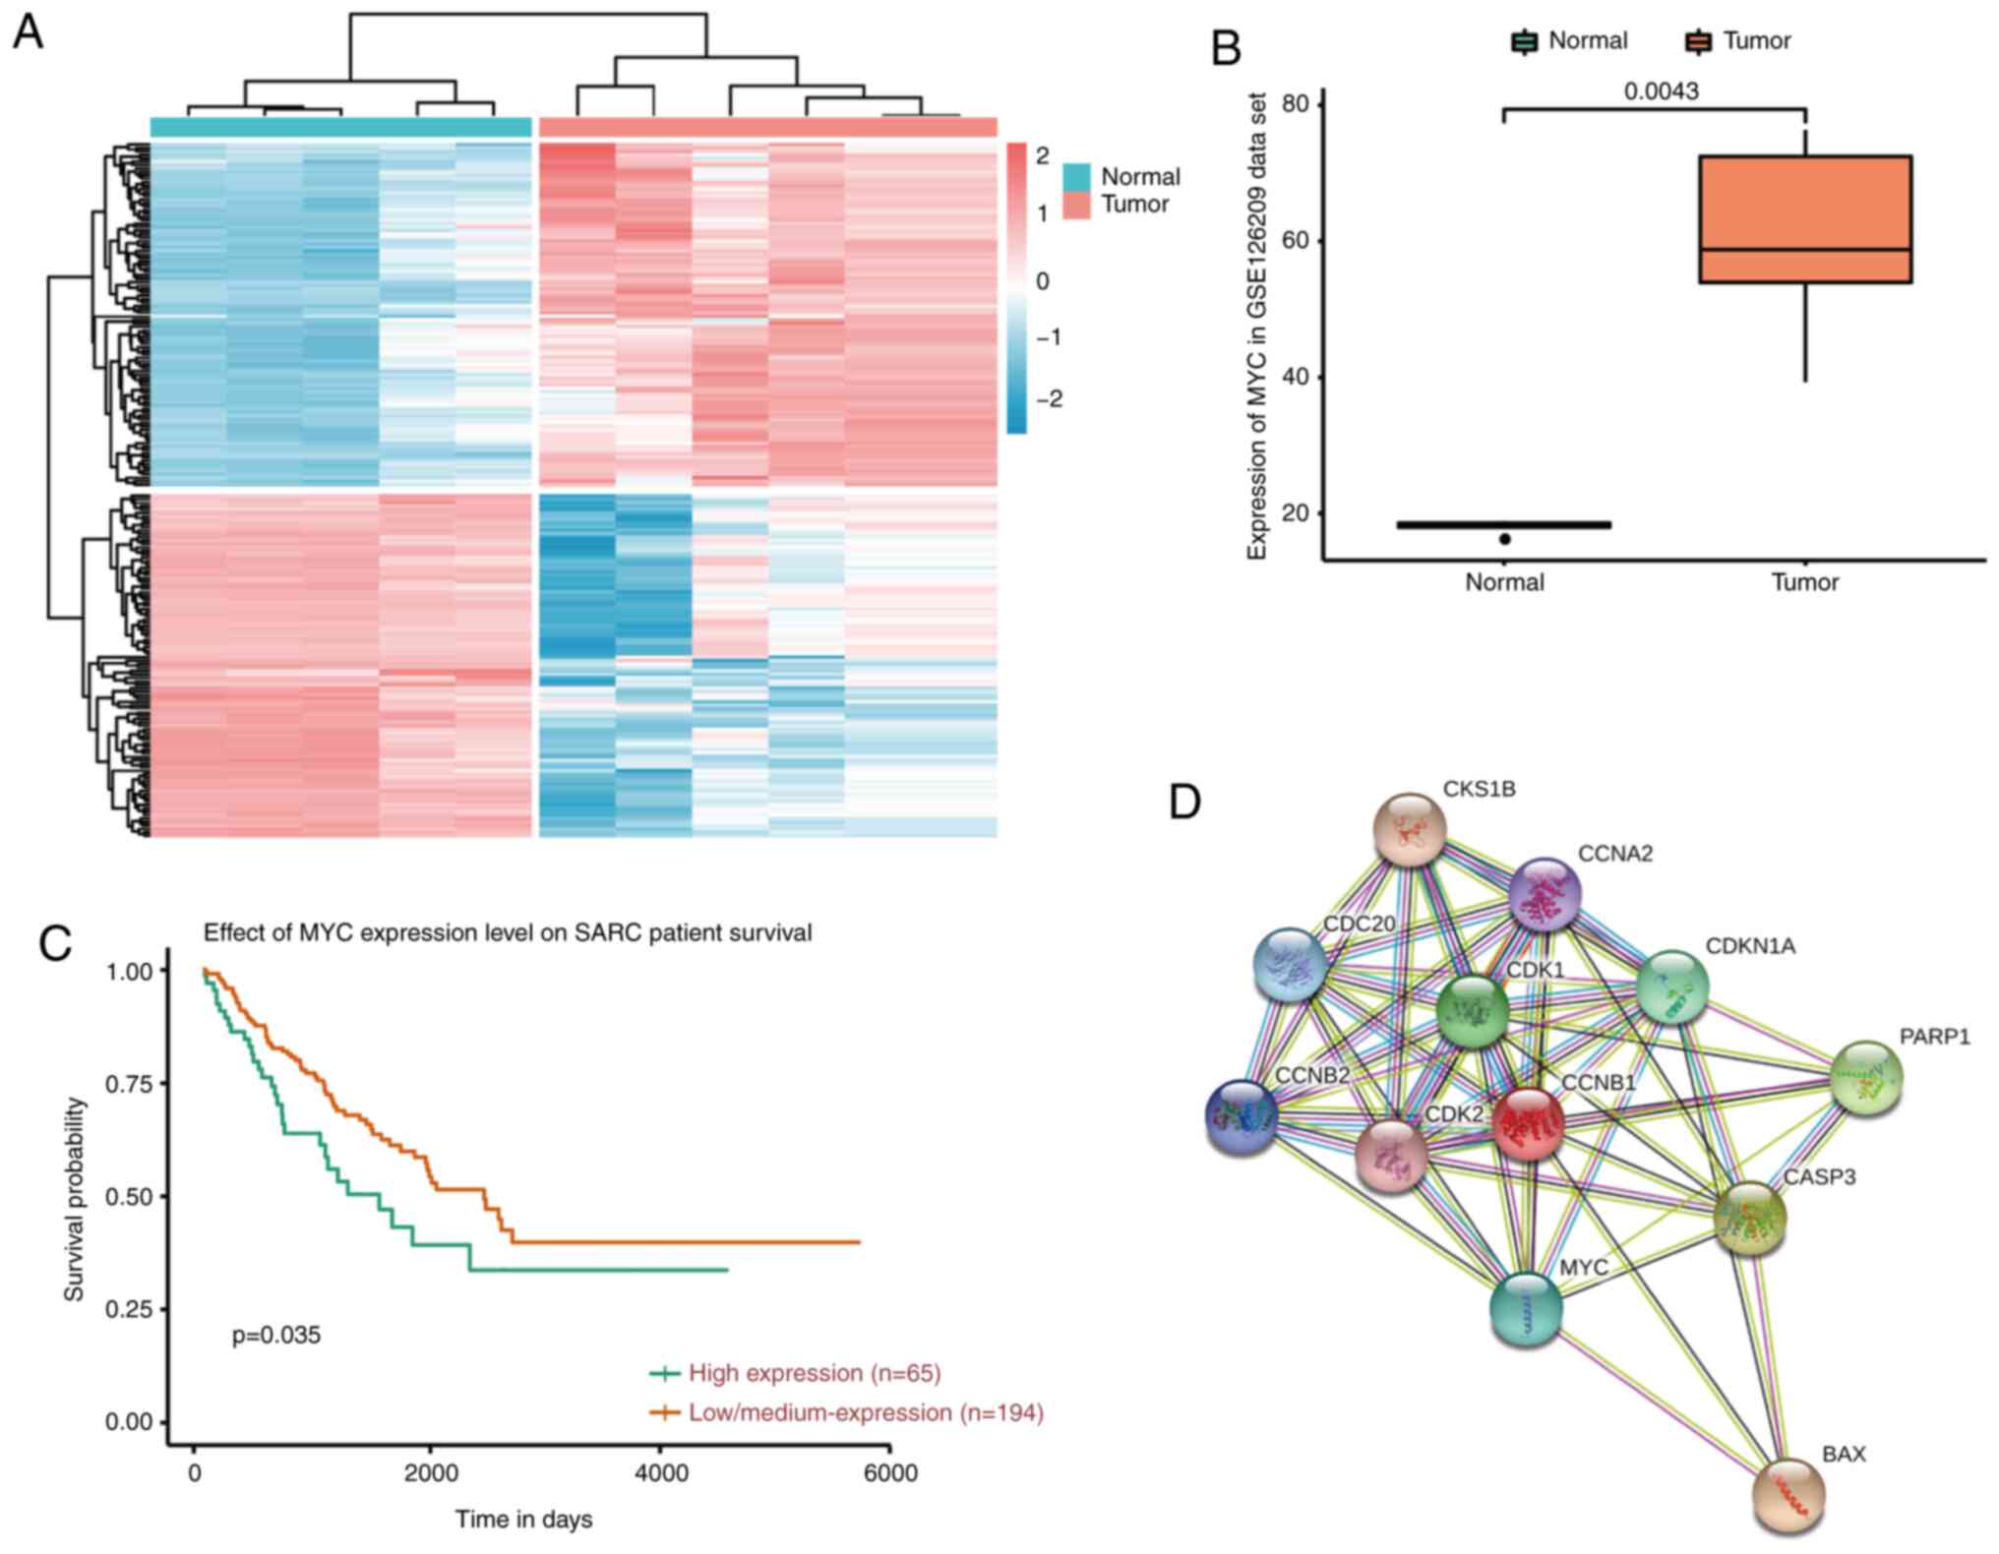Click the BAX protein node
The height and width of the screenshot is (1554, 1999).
[x=1788, y=1496]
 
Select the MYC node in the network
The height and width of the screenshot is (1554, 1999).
[x=1526, y=1309]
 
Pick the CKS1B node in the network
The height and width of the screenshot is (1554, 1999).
[x=1410, y=830]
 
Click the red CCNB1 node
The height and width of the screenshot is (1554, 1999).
[x=1528, y=1123]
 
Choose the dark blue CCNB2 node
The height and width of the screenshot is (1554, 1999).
[x=1242, y=1116]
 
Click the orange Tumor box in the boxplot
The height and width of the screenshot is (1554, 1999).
[x=1805, y=218]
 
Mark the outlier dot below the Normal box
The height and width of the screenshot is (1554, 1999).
[x=1504, y=539]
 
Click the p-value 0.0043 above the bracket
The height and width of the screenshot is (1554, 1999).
[x=1661, y=91]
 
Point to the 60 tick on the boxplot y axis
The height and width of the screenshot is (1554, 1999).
[x=1300, y=241]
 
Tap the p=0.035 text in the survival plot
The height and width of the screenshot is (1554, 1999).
[x=275, y=1336]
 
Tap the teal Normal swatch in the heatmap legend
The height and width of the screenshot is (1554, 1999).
[x=1076, y=177]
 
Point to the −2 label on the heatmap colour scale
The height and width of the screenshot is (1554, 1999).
[x=1049, y=398]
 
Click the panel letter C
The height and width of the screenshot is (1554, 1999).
[x=55, y=942]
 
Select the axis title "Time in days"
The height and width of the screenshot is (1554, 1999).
[x=523, y=1520]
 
